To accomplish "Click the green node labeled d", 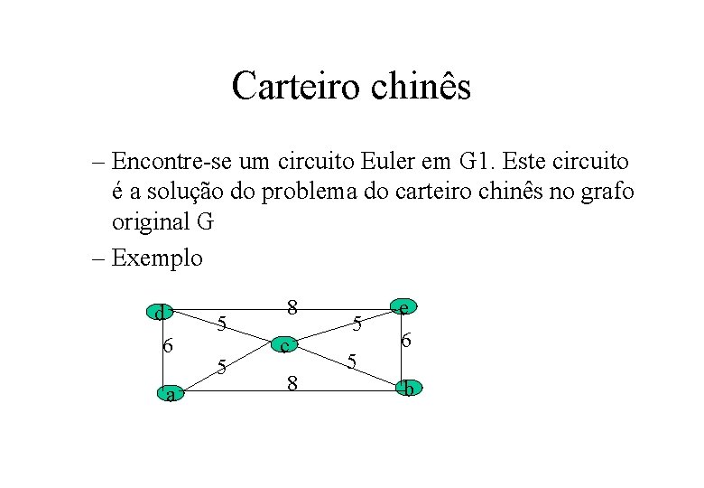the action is [x=160, y=313].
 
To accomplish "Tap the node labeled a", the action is [x=170, y=393].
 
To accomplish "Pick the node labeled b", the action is [x=409, y=389].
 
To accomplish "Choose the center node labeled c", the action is [x=284, y=345].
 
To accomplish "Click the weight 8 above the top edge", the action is [x=292, y=306].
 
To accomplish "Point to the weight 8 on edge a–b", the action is [x=292, y=383].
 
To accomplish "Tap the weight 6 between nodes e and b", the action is [x=407, y=341].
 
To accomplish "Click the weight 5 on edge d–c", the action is [x=225, y=323].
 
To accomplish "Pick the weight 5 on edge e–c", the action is [x=357, y=322].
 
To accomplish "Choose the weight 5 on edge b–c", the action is [x=353, y=361].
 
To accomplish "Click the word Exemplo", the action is [x=158, y=258].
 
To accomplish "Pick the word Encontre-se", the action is [x=172, y=163].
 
